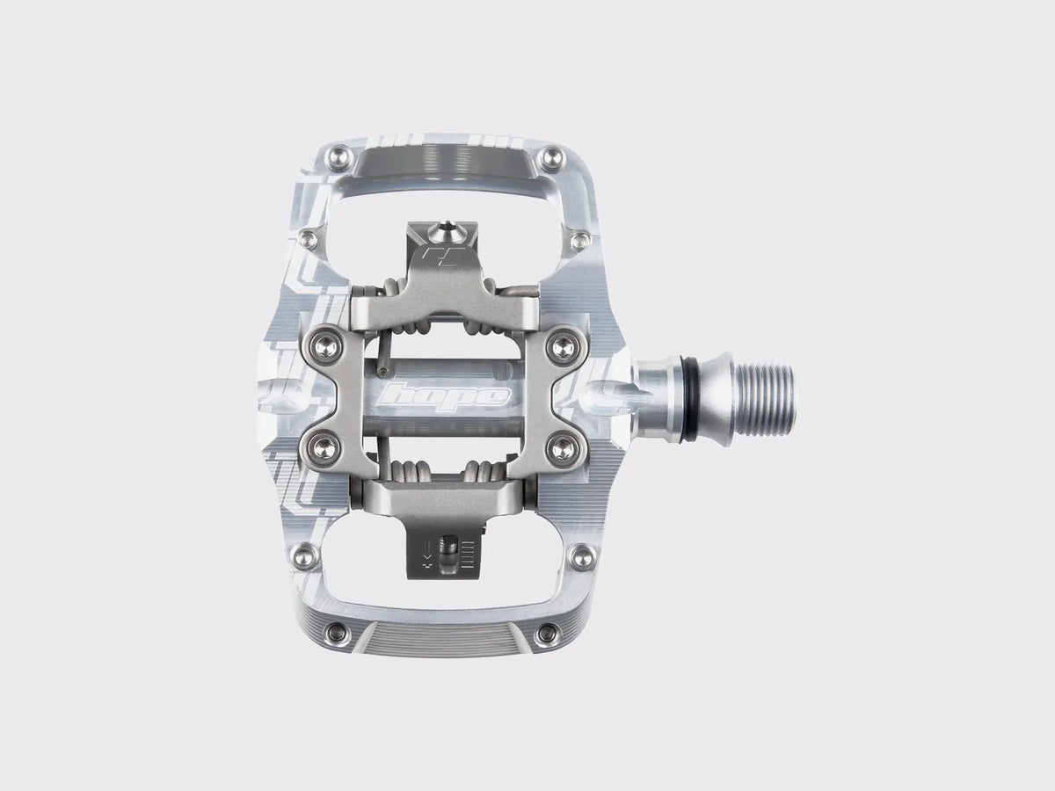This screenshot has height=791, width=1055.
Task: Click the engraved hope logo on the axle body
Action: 444,396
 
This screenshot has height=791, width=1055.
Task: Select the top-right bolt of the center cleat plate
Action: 564,345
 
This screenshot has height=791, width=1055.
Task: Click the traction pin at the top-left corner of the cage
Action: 340,157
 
